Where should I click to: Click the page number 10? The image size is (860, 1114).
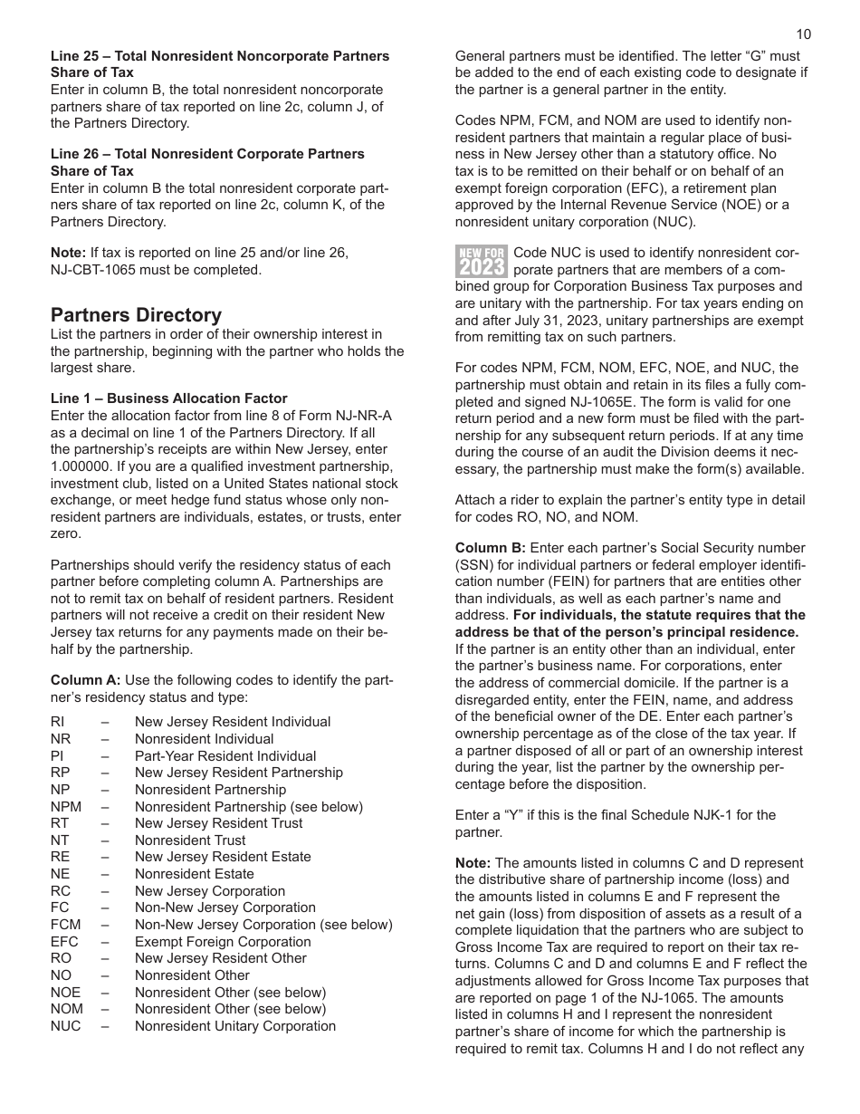[x=803, y=34]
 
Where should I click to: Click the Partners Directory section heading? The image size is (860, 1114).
[x=136, y=315]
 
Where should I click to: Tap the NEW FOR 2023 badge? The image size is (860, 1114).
[x=481, y=261]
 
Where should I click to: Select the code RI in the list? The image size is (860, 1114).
[x=57, y=722]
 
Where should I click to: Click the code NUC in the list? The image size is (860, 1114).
[x=65, y=1026]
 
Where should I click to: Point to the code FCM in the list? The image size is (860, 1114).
[x=65, y=925]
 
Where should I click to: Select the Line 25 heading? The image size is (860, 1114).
[x=220, y=64]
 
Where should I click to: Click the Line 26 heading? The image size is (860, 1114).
[x=207, y=162]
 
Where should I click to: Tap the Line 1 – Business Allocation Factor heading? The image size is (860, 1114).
[x=168, y=399]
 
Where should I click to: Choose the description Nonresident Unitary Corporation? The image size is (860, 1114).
[x=235, y=1026]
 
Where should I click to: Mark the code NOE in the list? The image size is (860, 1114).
[x=65, y=993]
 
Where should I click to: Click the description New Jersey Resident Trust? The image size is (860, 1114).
[x=218, y=823]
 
